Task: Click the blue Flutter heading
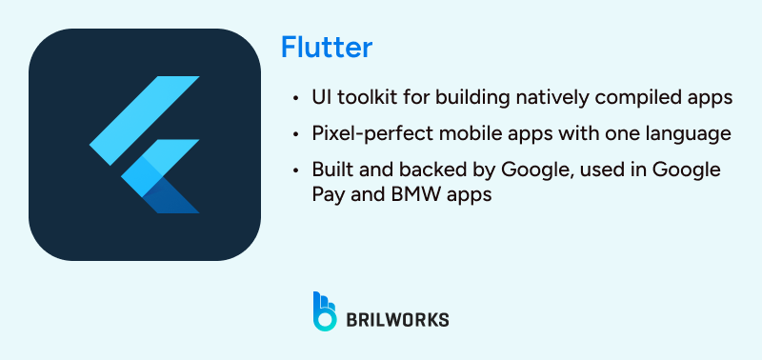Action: point(326,47)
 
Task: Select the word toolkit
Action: point(362,98)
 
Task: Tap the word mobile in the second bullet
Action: point(454,133)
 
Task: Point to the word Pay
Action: point(327,193)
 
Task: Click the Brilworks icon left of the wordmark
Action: point(325,310)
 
